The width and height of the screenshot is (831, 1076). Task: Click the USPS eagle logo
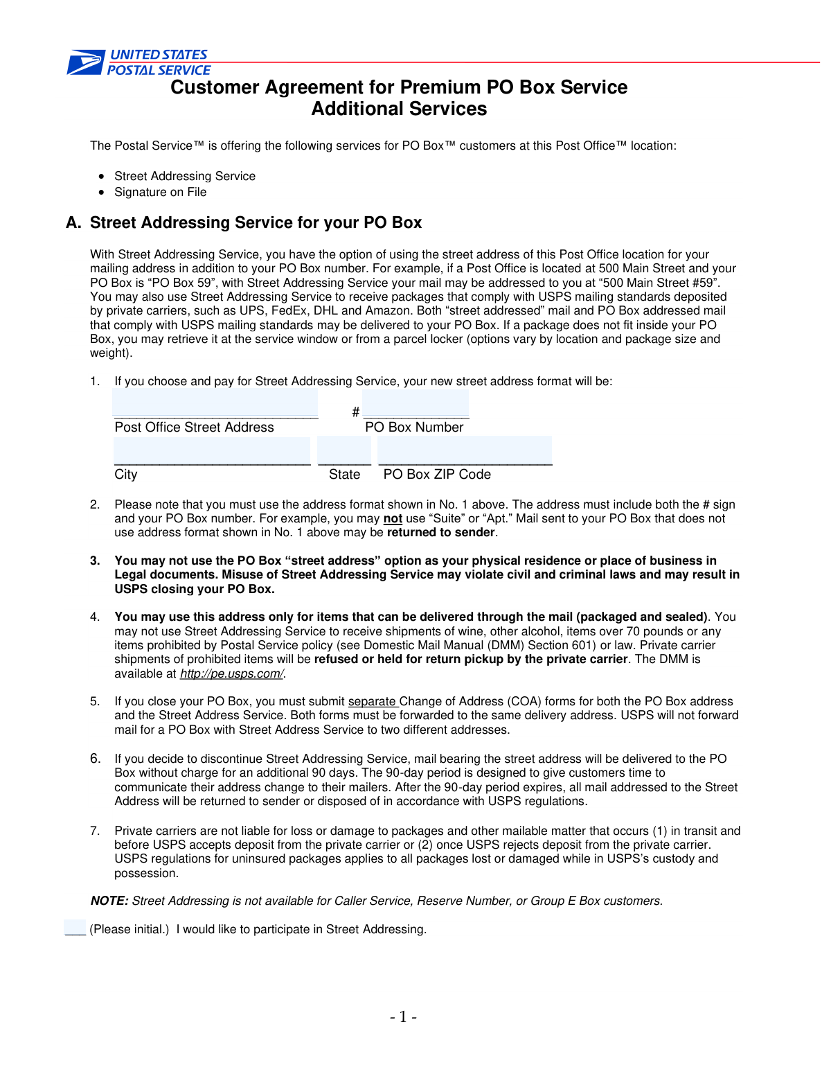click(85, 62)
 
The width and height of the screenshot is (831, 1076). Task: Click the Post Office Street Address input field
click(215, 404)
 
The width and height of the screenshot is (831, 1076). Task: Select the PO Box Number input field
click(415, 404)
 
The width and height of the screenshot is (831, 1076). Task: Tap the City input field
click(212, 451)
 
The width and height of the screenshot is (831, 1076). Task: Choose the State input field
click(344, 451)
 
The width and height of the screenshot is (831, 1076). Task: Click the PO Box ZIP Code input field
click(465, 451)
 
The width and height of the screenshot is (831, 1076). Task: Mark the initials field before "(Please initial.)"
click(75, 928)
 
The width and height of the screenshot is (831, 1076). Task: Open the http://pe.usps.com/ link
click(231, 673)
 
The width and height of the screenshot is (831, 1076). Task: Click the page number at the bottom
click(403, 1017)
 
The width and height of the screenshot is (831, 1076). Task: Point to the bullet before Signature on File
click(102, 193)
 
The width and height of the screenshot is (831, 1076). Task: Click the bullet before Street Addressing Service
click(102, 177)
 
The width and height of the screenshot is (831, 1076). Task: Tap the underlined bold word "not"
click(393, 519)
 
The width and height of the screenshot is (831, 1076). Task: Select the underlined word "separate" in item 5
click(372, 701)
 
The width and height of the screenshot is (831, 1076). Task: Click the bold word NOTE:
click(109, 901)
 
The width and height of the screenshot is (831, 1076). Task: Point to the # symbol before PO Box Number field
click(355, 412)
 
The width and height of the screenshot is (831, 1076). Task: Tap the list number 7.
click(95, 831)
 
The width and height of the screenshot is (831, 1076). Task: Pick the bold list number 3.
click(95, 561)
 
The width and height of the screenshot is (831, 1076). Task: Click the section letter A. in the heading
click(73, 222)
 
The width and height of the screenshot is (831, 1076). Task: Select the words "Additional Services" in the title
click(399, 109)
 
